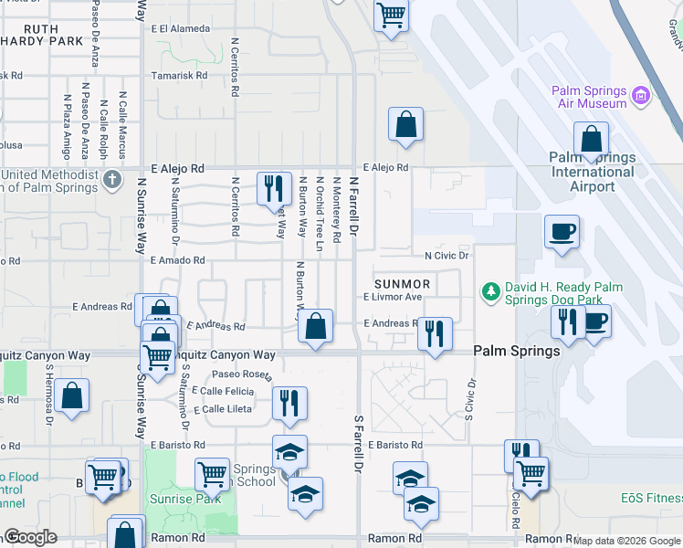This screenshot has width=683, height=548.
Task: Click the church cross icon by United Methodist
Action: pos(111,177)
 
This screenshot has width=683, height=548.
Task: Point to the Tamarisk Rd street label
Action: pos(179,76)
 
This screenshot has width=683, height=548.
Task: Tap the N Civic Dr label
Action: pos(447,256)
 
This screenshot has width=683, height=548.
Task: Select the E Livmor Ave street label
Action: pos(393,297)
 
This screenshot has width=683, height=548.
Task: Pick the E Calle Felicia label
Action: pos(223,391)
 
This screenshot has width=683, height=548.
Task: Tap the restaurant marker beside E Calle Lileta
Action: pos(289,402)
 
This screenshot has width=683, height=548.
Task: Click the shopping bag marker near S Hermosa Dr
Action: pos(71,395)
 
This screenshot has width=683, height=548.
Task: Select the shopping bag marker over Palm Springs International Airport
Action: pos(591,140)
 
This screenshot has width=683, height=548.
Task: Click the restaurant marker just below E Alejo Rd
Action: pos(273,188)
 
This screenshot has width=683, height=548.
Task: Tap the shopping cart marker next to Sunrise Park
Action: pos(212,473)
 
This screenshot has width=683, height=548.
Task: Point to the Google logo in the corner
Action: pos(30,537)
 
